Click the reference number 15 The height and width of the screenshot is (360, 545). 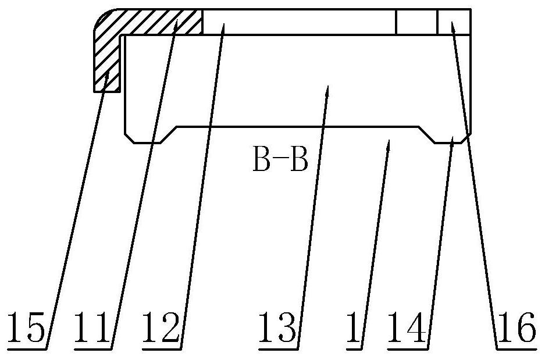click(27, 327)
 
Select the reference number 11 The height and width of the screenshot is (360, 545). click(92, 327)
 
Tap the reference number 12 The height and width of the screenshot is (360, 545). click(161, 327)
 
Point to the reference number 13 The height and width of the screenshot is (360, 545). click(277, 327)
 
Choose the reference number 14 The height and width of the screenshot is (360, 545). click(407, 327)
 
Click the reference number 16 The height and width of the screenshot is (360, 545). click(516, 327)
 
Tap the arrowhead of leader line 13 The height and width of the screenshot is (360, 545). click(327, 90)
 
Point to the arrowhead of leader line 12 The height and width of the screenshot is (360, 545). click(223, 28)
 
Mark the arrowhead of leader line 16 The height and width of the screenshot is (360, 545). click(453, 26)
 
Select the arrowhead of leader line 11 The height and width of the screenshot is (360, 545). click(176, 24)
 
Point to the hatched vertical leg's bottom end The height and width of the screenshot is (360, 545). click(106, 92)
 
